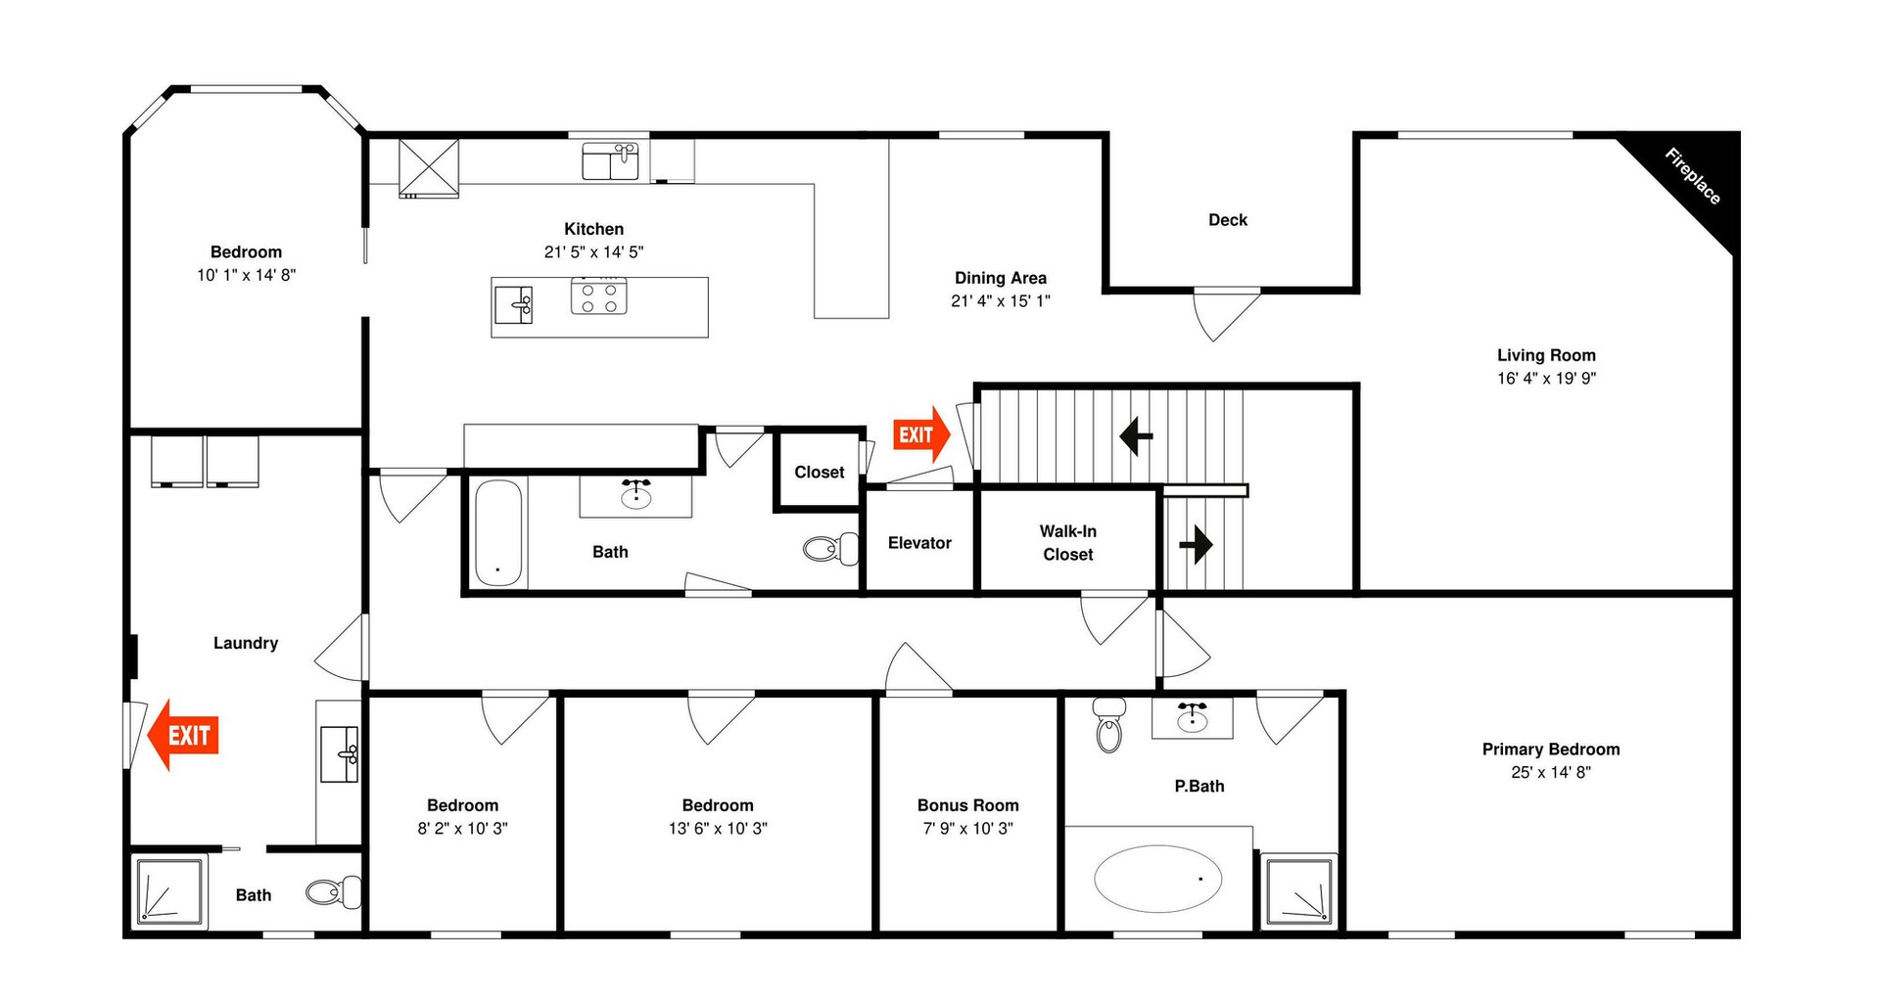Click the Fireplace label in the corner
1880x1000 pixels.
point(1693,176)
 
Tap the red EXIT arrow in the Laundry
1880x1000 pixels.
point(183,735)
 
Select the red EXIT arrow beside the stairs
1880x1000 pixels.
point(921,434)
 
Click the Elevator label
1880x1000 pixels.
point(919,543)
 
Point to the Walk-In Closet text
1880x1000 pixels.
point(1068,543)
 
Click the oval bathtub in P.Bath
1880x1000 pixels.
point(1158,879)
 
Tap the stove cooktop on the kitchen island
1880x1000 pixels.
point(599,295)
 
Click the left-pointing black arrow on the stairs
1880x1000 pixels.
point(1136,436)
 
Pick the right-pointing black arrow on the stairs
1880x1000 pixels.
point(1197,543)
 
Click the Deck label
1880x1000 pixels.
point(1228,220)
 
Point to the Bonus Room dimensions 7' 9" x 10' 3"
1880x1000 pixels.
point(967,829)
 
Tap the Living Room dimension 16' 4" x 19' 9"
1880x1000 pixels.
point(1546,379)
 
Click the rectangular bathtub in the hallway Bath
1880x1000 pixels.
point(499,533)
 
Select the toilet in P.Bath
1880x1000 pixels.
point(1108,725)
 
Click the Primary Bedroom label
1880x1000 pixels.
point(1551,750)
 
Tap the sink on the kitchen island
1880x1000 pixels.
point(514,304)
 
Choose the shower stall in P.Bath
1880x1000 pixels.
point(1298,890)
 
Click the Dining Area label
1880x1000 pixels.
point(1001,279)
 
